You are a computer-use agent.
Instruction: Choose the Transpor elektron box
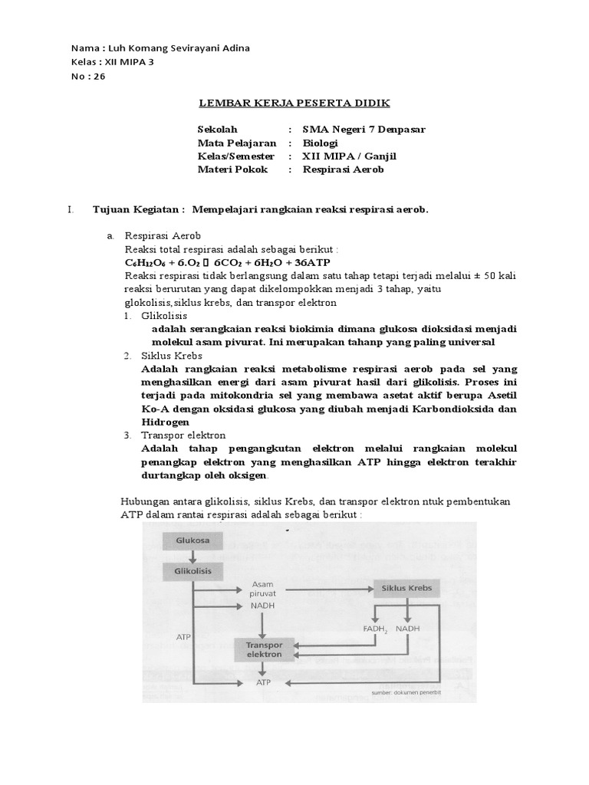coord(263,650)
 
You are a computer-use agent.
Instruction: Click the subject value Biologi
coord(320,143)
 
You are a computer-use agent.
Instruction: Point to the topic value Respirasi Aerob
coord(343,169)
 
